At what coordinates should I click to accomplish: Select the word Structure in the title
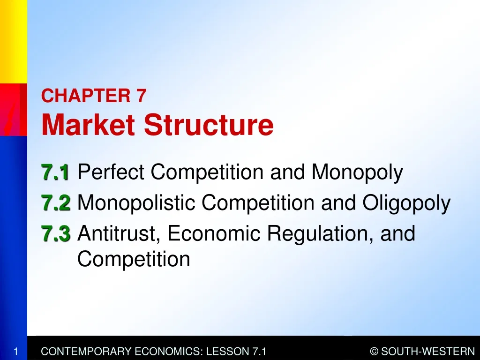tap(209, 125)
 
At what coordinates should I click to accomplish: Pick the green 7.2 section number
tap(55, 203)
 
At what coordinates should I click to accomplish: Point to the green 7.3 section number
tap(55, 234)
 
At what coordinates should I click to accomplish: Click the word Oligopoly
tap(406, 203)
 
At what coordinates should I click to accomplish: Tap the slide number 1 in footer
tap(15, 351)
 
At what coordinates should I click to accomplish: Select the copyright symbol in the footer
tap(374, 351)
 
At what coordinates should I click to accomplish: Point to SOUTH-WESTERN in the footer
tap(428, 351)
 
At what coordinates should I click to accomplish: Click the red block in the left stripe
tap(13, 109)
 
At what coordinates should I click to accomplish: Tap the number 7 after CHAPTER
tap(142, 96)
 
